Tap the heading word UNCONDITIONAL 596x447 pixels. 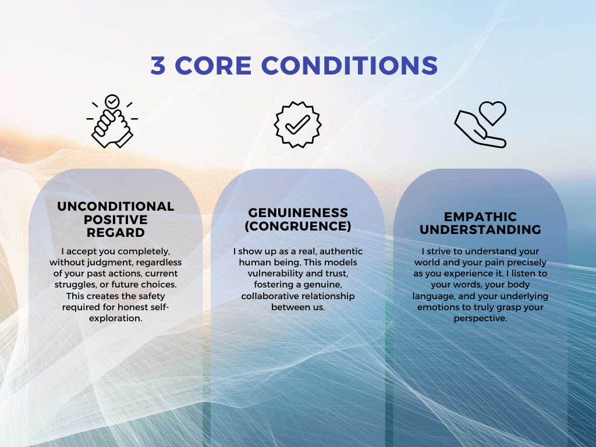tap(116, 207)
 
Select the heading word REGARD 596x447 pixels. tap(116, 232)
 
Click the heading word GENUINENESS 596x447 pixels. tap(298, 212)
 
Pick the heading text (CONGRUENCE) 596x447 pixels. tap(298, 225)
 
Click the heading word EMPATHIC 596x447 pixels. tap(480, 217)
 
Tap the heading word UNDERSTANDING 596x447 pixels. tap(480, 230)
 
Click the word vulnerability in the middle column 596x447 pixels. tap(267, 274)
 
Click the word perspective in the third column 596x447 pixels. tap(480, 318)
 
